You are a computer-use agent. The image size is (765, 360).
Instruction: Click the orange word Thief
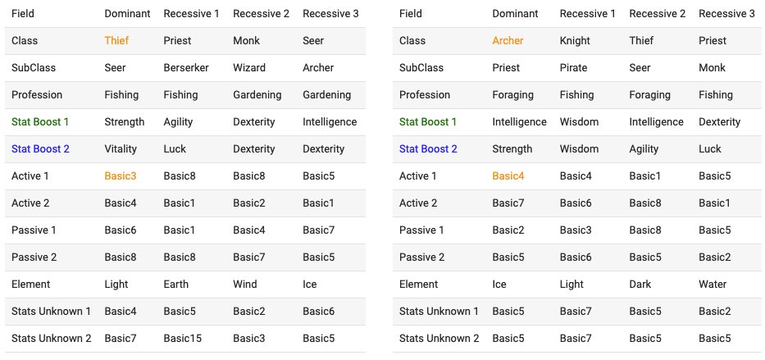(x=116, y=40)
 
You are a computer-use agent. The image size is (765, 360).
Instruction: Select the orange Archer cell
(x=508, y=40)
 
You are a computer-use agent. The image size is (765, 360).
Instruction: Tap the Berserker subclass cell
(x=186, y=68)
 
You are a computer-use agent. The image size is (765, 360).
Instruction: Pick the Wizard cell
(x=249, y=68)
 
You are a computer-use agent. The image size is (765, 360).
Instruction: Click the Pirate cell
(x=574, y=68)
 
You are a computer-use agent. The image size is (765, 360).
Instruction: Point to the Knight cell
(x=576, y=40)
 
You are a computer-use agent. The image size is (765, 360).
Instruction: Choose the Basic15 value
(x=183, y=338)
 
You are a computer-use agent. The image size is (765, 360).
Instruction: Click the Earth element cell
(x=175, y=284)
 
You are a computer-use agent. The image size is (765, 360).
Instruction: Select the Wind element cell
(x=245, y=284)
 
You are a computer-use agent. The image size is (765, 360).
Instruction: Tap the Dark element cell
(x=640, y=284)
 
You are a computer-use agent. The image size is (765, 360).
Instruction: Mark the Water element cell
(x=713, y=284)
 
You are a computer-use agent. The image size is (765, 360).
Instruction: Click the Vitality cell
(x=121, y=148)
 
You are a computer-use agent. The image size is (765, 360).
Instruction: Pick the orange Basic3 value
(x=121, y=176)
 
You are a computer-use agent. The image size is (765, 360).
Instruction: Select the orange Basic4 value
(x=508, y=176)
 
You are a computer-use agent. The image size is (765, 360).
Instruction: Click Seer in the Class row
(x=313, y=40)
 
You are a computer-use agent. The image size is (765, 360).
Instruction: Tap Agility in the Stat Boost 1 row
(x=178, y=122)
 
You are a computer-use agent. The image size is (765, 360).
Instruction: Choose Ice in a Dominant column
(x=499, y=284)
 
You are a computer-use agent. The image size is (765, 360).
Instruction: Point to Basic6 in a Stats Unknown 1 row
(x=319, y=312)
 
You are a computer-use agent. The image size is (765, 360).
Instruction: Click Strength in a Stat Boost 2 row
(x=512, y=148)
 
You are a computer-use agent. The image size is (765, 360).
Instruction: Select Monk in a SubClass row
(x=713, y=68)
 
